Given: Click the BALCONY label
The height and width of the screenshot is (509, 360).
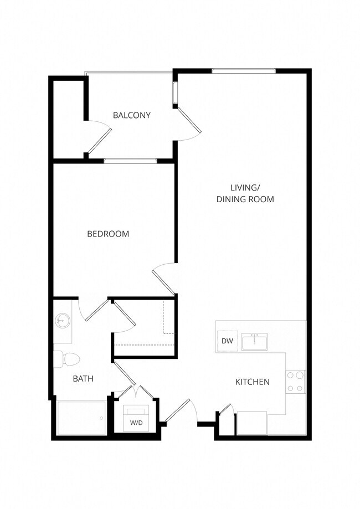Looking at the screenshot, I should tap(131, 115).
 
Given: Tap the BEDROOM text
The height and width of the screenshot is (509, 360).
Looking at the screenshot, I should tap(108, 234).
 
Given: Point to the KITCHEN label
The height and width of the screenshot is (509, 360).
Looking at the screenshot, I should tap(253, 382).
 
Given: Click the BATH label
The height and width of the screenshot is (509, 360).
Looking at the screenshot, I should tap(83, 379).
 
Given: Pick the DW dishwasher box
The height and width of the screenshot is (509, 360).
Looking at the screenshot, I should tap(227, 341).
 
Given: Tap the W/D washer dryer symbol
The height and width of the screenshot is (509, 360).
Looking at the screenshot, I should tap(136, 419).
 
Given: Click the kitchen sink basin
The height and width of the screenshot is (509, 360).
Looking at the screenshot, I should tap(254, 342).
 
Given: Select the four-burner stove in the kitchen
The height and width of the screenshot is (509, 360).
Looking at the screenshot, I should tap(295, 382).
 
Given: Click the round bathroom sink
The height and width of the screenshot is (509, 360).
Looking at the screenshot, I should tap(61, 321).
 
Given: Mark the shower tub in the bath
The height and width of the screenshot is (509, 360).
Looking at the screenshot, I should tap(81, 418).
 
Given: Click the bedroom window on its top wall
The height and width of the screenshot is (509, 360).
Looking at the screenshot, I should tap(130, 161).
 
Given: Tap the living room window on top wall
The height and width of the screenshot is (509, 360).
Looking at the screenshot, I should tap(244, 70).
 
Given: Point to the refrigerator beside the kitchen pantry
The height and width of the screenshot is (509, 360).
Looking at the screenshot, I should tap(251, 424).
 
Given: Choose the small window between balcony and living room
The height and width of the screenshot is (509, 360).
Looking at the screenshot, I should tap(176, 94).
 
